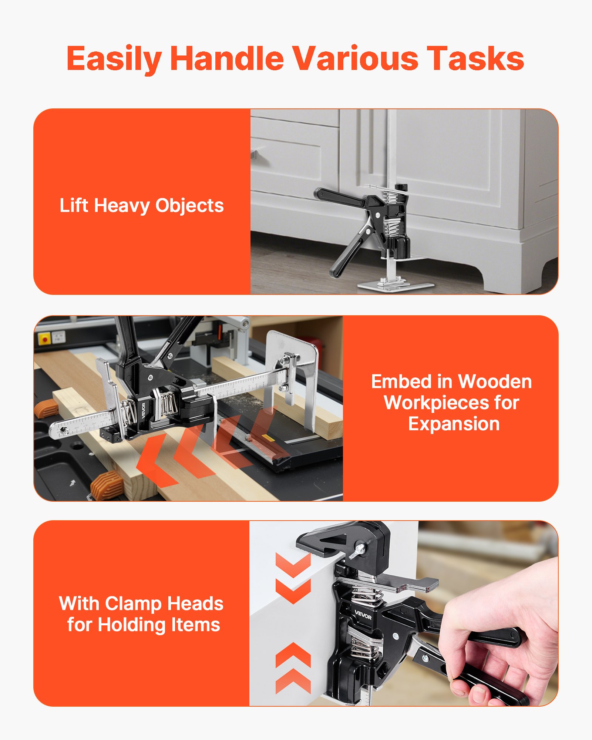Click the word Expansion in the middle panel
(454, 424)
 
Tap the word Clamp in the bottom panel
(134, 604)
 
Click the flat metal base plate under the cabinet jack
(395, 286)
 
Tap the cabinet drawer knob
(254, 154)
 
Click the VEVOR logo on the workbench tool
(144, 410)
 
